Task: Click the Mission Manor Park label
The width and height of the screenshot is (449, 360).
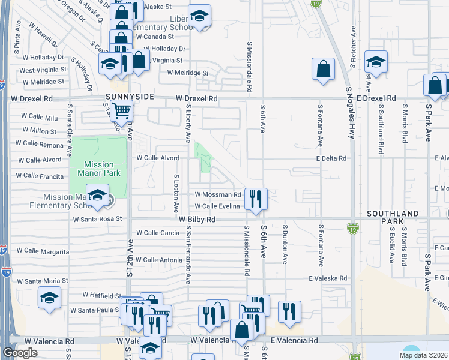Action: [x=98, y=169]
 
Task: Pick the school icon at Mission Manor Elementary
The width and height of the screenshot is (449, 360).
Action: [x=97, y=196]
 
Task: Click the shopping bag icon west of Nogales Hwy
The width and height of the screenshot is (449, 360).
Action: [x=323, y=68]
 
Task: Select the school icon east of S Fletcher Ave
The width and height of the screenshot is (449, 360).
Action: [x=376, y=62]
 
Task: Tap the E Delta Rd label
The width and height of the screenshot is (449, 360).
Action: [x=331, y=158]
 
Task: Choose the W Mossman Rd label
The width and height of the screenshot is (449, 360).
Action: [x=218, y=195]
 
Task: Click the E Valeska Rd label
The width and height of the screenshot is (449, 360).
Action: [x=328, y=278]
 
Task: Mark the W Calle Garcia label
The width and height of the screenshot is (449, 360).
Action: [x=157, y=233]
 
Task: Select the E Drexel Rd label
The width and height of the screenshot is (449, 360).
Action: [x=376, y=98]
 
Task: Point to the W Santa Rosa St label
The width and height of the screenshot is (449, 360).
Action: [x=97, y=220]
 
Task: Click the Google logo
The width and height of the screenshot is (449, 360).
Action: [x=20, y=353]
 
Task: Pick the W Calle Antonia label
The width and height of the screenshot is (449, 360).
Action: [x=158, y=260]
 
